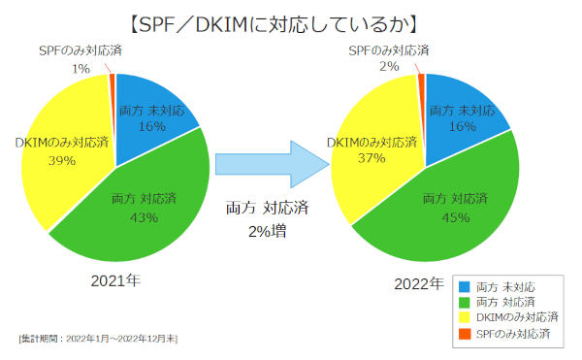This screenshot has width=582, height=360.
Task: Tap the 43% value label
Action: (143, 217)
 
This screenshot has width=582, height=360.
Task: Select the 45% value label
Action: (453, 217)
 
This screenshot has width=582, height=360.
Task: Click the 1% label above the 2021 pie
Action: (81, 69)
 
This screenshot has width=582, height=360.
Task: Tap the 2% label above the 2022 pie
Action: (389, 66)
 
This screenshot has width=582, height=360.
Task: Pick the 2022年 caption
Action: (419, 284)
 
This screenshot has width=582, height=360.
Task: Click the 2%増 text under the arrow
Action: (267, 232)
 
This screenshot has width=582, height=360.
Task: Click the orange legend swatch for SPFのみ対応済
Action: (462, 334)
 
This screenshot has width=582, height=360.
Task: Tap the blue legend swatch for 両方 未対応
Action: (462, 287)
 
